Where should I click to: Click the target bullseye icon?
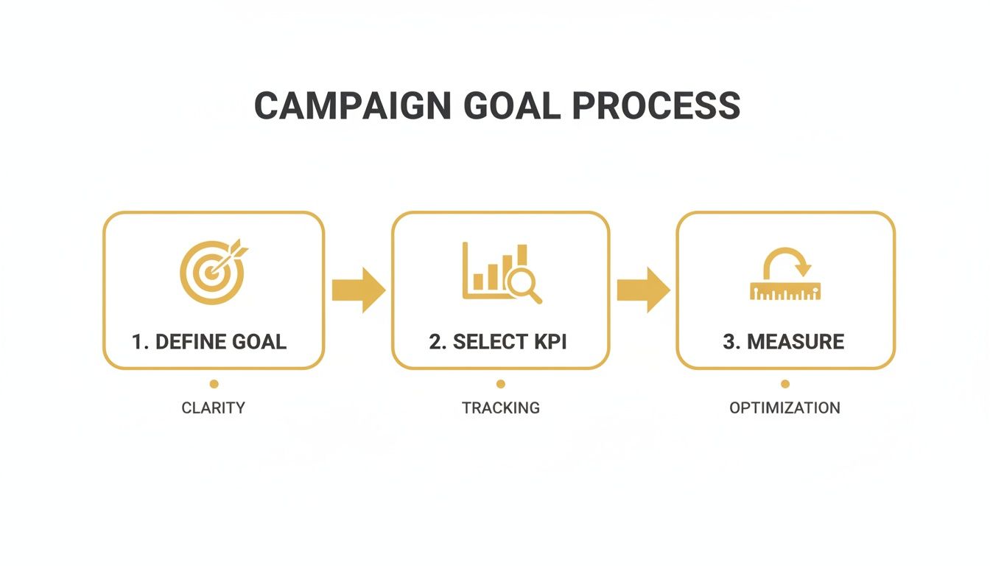click(x=211, y=273)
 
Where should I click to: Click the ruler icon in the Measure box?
click(x=785, y=291)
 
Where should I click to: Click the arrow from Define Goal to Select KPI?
click(x=358, y=290)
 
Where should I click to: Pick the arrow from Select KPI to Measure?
click(x=643, y=290)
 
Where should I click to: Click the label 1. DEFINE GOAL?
click(x=209, y=342)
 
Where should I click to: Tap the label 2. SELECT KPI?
click(x=498, y=342)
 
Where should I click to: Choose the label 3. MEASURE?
click(x=784, y=342)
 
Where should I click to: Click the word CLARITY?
click(x=213, y=408)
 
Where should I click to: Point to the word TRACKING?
click(x=501, y=408)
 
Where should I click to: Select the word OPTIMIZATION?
click(x=784, y=408)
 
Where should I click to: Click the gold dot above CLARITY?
click(x=214, y=384)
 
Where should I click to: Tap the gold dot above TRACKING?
click(x=501, y=384)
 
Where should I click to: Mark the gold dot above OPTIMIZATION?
click(x=785, y=384)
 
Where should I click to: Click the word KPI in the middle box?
click(x=547, y=342)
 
